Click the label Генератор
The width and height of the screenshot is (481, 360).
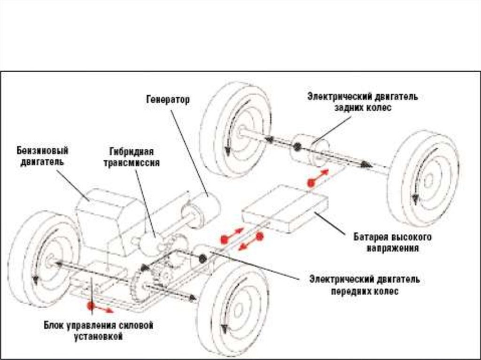click(168, 100)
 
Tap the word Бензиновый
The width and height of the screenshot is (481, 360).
click(42, 151)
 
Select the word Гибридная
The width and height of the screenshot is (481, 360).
click(132, 152)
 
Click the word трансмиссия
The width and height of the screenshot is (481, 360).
click(132, 162)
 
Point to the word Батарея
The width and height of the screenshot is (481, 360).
click(372, 237)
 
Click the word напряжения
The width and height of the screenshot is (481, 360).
click(393, 248)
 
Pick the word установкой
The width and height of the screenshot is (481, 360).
click(98, 337)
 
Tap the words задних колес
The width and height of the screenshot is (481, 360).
click(363, 108)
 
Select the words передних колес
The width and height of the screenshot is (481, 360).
click(365, 291)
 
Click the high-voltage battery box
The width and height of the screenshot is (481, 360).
click(285, 209)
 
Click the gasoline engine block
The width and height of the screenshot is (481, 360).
click(110, 222)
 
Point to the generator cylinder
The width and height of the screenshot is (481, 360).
click(201, 211)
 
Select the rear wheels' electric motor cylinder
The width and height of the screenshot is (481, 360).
click(310, 150)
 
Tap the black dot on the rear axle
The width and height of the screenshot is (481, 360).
click(297, 147)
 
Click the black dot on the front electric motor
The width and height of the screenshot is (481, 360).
click(202, 259)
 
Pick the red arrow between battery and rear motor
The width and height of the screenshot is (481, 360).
click(318, 178)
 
